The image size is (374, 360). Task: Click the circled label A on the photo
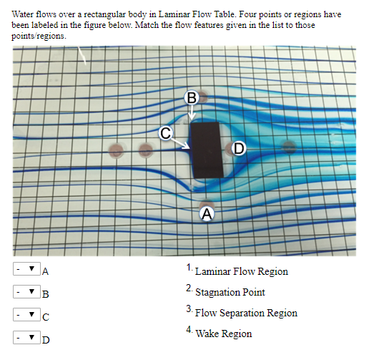tap(207, 213)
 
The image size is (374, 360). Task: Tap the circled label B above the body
tap(191, 97)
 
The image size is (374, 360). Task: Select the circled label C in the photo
tap(165, 132)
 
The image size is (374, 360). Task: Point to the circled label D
tap(237, 148)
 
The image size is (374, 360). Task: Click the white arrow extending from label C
tap(181, 142)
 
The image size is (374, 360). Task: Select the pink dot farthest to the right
tap(288, 148)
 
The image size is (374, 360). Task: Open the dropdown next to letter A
tap(26, 270)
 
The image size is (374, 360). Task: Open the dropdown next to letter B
tap(26, 292)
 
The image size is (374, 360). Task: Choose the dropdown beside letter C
tap(26, 314)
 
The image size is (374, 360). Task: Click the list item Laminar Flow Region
tap(241, 272)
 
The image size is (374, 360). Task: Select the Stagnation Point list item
tap(230, 292)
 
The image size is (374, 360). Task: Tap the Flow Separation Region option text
tap(246, 313)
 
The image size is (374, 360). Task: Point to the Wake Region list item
tap(223, 334)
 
